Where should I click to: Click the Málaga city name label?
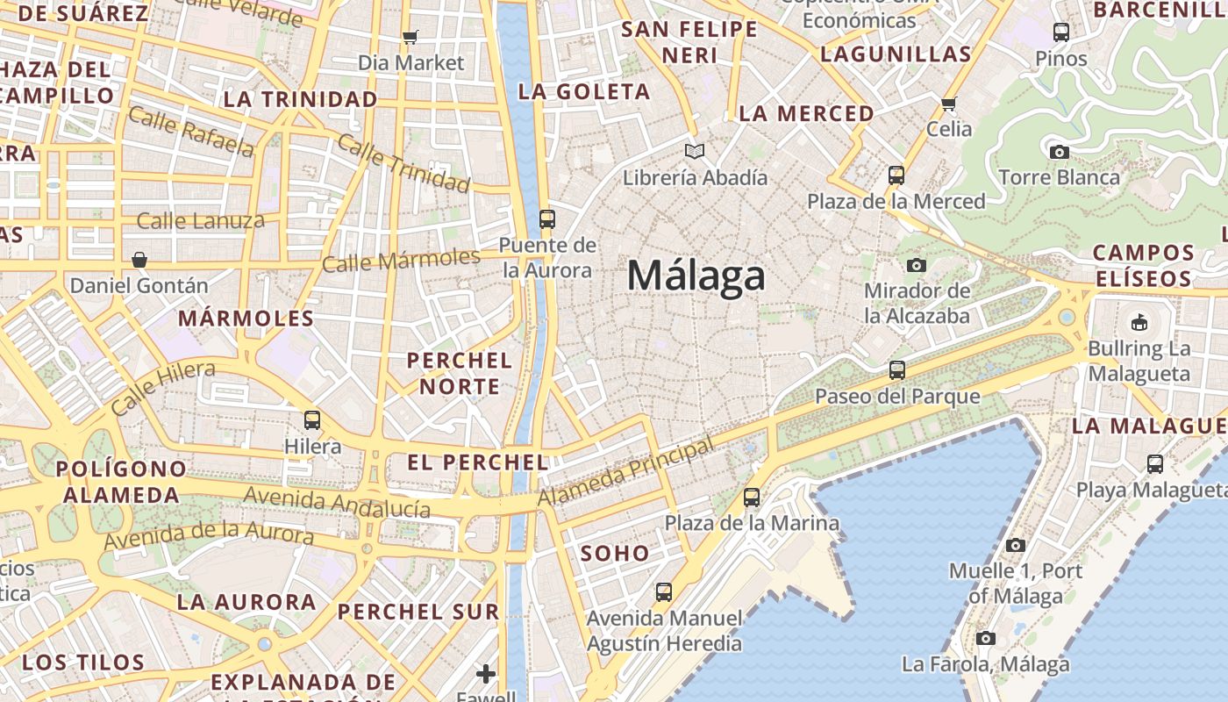pyautogui.click(x=696, y=276)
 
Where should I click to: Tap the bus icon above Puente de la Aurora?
pyautogui.click(x=547, y=219)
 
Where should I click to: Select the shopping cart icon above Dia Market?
pyautogui.click(x=410, y=37)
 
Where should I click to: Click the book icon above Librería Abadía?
pyautogui.click(x=695, y=152)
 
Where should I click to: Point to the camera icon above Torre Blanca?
pyautogui.click(x=1060, y=152)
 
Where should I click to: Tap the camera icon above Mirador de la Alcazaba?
pyautogui.click(x=917, y=265)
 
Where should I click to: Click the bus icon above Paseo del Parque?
pyautogui.click(x=896, y=370)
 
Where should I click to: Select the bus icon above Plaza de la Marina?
pyautogui.click(x=752, y=498)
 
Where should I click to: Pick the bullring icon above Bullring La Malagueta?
pyautogui.click(x=1139, y=322)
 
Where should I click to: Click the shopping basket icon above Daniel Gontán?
pyautogui.click(x=139, y=260)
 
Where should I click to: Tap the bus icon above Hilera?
pyautogui.click(x=312, y=420)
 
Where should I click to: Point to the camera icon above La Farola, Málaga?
pyautogui.click(x=986, y=638)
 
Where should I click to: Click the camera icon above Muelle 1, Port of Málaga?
pyautogui.click(x=1015, y=545)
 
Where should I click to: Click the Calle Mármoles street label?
pyautogui.click(x=401, y=261)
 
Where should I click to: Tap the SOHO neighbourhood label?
pyautogui.click(x=615, y=554)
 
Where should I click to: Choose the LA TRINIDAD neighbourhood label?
pyautogui.click(x=300, y=99)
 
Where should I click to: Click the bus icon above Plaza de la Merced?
pyautogui.click(x=896, y=175)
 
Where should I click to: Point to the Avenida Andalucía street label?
pyautogui.click(x=337, y=503)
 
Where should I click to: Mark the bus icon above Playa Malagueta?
pyautogui.click(x=1155, y=464)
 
